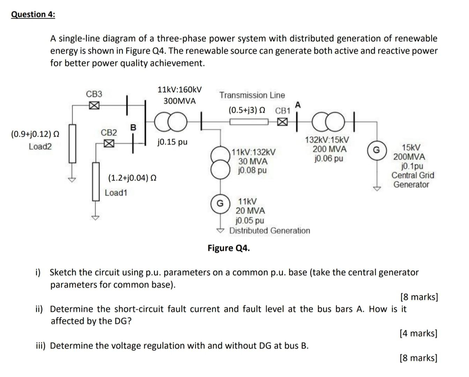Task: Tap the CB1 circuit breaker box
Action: tap(283, 122)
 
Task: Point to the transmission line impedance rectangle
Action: tap(249, 122)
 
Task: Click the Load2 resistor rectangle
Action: tap(72, 144)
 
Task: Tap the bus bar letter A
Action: tap(297, 105)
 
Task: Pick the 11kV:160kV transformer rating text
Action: tap(179, 90)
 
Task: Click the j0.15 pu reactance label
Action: tap(172, 142)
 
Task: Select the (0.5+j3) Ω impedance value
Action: tap(247, 110)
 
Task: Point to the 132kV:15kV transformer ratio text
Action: tap(327, 140)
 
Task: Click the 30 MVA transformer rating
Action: tap(253, 161)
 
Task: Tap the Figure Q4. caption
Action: tap(229, 248)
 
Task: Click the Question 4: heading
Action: tap(33, 14)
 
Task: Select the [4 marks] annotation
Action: tap(418, 333)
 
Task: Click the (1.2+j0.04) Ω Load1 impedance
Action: tap(132, 178)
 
